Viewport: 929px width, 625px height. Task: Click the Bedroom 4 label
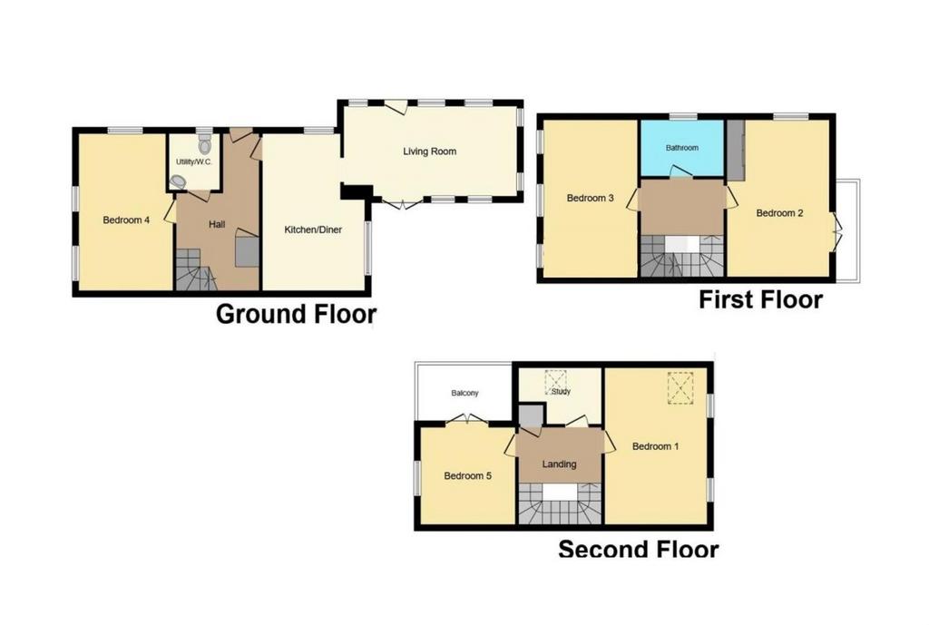click(x=126, y=220)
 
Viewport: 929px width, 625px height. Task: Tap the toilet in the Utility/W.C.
click(x=204, y=144)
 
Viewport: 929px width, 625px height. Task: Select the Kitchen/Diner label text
click(x=313, y=229)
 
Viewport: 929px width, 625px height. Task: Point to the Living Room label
click(x=429, y=151)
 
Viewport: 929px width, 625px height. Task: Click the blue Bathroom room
click(x=681, y=148)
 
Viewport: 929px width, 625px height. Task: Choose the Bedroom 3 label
click(x=590, y=198)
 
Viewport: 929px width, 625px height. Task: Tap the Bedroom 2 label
click(x=779, y=213)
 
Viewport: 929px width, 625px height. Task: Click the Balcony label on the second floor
click(x=464, y=393)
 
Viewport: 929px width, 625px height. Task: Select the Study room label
click(x=561, y=392)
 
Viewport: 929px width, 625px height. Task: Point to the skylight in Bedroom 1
click(x=680, y=388)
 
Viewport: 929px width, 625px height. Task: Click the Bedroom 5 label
click(x=467, y=475)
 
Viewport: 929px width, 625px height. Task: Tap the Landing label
click(x=559, y=464)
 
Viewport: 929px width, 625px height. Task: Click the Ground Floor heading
click(x=297, y=314)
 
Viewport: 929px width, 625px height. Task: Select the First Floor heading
click(x=761, y=299)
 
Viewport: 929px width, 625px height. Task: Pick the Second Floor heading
click(x=639, y=549)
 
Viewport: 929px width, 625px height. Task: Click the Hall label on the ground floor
click(x=217, y=225)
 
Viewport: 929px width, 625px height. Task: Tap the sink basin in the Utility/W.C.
click(x=177, y=181)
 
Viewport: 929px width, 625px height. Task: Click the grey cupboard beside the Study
click(x=531, y=415)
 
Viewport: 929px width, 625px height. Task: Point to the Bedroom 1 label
click(x=655, y=446)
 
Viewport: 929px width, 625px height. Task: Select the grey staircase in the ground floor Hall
click(x=196, y=269)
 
